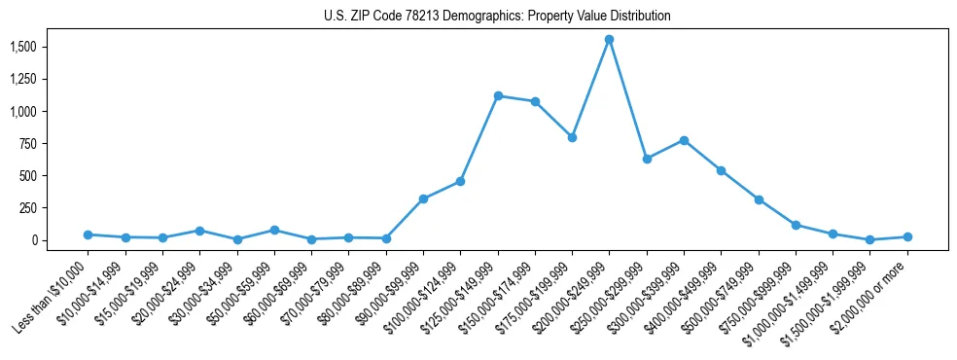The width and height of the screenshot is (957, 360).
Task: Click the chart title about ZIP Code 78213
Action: [x=497, y=17]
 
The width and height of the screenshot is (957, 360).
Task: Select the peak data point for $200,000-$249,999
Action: [x=609, y=39]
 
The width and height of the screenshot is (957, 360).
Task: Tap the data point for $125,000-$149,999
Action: [x=498, y=95]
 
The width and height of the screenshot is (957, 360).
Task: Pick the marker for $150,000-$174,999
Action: [x=535, y=101]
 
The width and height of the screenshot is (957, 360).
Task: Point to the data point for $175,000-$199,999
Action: [x=572, y=137]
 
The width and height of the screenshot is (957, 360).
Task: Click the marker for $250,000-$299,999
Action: [x=647, y=159]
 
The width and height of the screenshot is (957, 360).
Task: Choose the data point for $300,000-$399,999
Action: [x=684, y=140]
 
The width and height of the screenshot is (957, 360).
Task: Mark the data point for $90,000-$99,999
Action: [x=423, y=198]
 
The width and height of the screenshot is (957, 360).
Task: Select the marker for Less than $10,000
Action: [x=88, y=234]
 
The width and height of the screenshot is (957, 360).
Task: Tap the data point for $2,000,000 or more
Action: [x=907, y=236]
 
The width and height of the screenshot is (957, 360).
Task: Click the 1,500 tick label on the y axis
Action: [x=22, y=47]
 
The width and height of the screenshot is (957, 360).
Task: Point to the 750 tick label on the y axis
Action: [x=28, y=144]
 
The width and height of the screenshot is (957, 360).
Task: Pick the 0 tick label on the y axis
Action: [x=33, y=240]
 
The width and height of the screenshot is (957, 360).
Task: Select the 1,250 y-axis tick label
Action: [x=22, y=79]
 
